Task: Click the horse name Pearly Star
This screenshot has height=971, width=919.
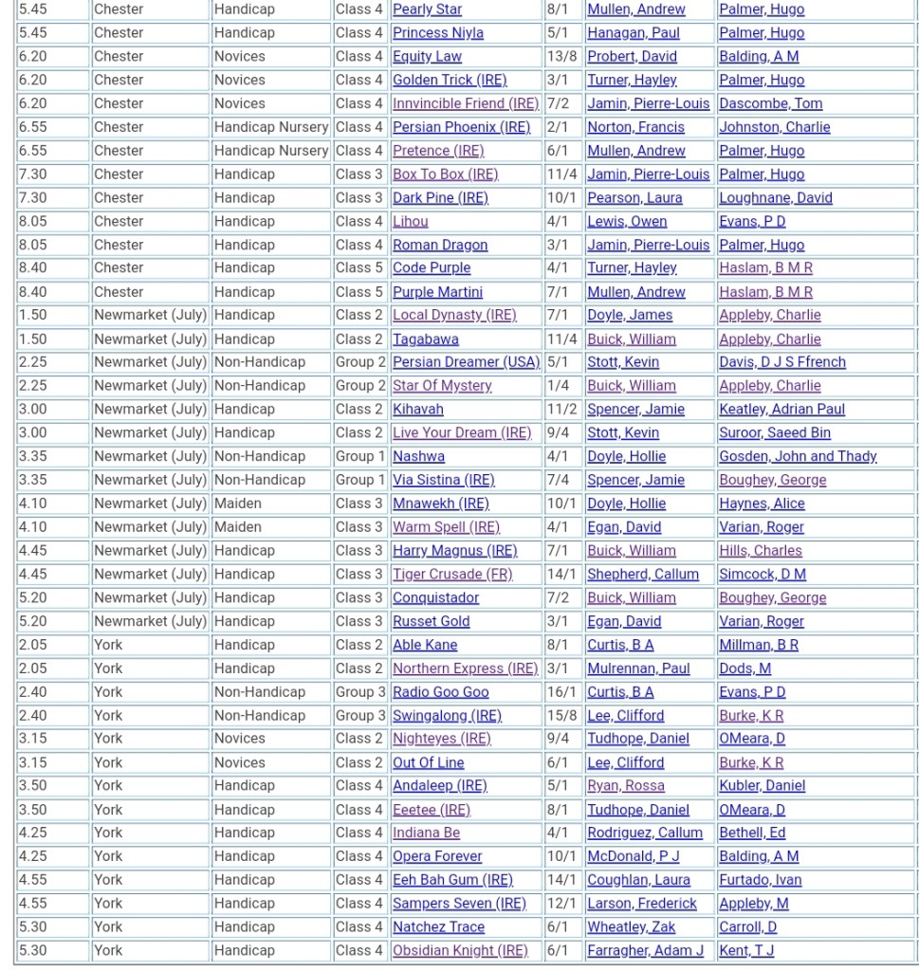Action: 427,9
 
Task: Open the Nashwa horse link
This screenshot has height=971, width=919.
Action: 418,456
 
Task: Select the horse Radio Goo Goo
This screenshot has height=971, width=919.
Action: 440,692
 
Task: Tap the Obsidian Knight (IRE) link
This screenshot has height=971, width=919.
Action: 460,950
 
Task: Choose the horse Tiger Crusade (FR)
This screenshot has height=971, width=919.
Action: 452,574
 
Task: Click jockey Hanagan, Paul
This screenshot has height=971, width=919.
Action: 633,32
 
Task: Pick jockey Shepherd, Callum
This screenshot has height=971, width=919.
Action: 642,574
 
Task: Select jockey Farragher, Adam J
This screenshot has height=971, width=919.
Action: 645,950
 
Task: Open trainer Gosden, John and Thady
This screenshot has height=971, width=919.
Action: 798,456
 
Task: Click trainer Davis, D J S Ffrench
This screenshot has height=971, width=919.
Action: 781,362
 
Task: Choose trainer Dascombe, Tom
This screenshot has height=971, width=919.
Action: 770,103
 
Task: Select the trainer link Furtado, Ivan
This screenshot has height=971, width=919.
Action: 760,880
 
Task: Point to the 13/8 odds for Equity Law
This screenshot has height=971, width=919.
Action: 561,56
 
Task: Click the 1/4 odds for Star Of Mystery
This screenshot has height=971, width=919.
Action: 558,386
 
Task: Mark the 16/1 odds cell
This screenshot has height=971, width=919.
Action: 561,692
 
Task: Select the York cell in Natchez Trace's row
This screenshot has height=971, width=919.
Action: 108,926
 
